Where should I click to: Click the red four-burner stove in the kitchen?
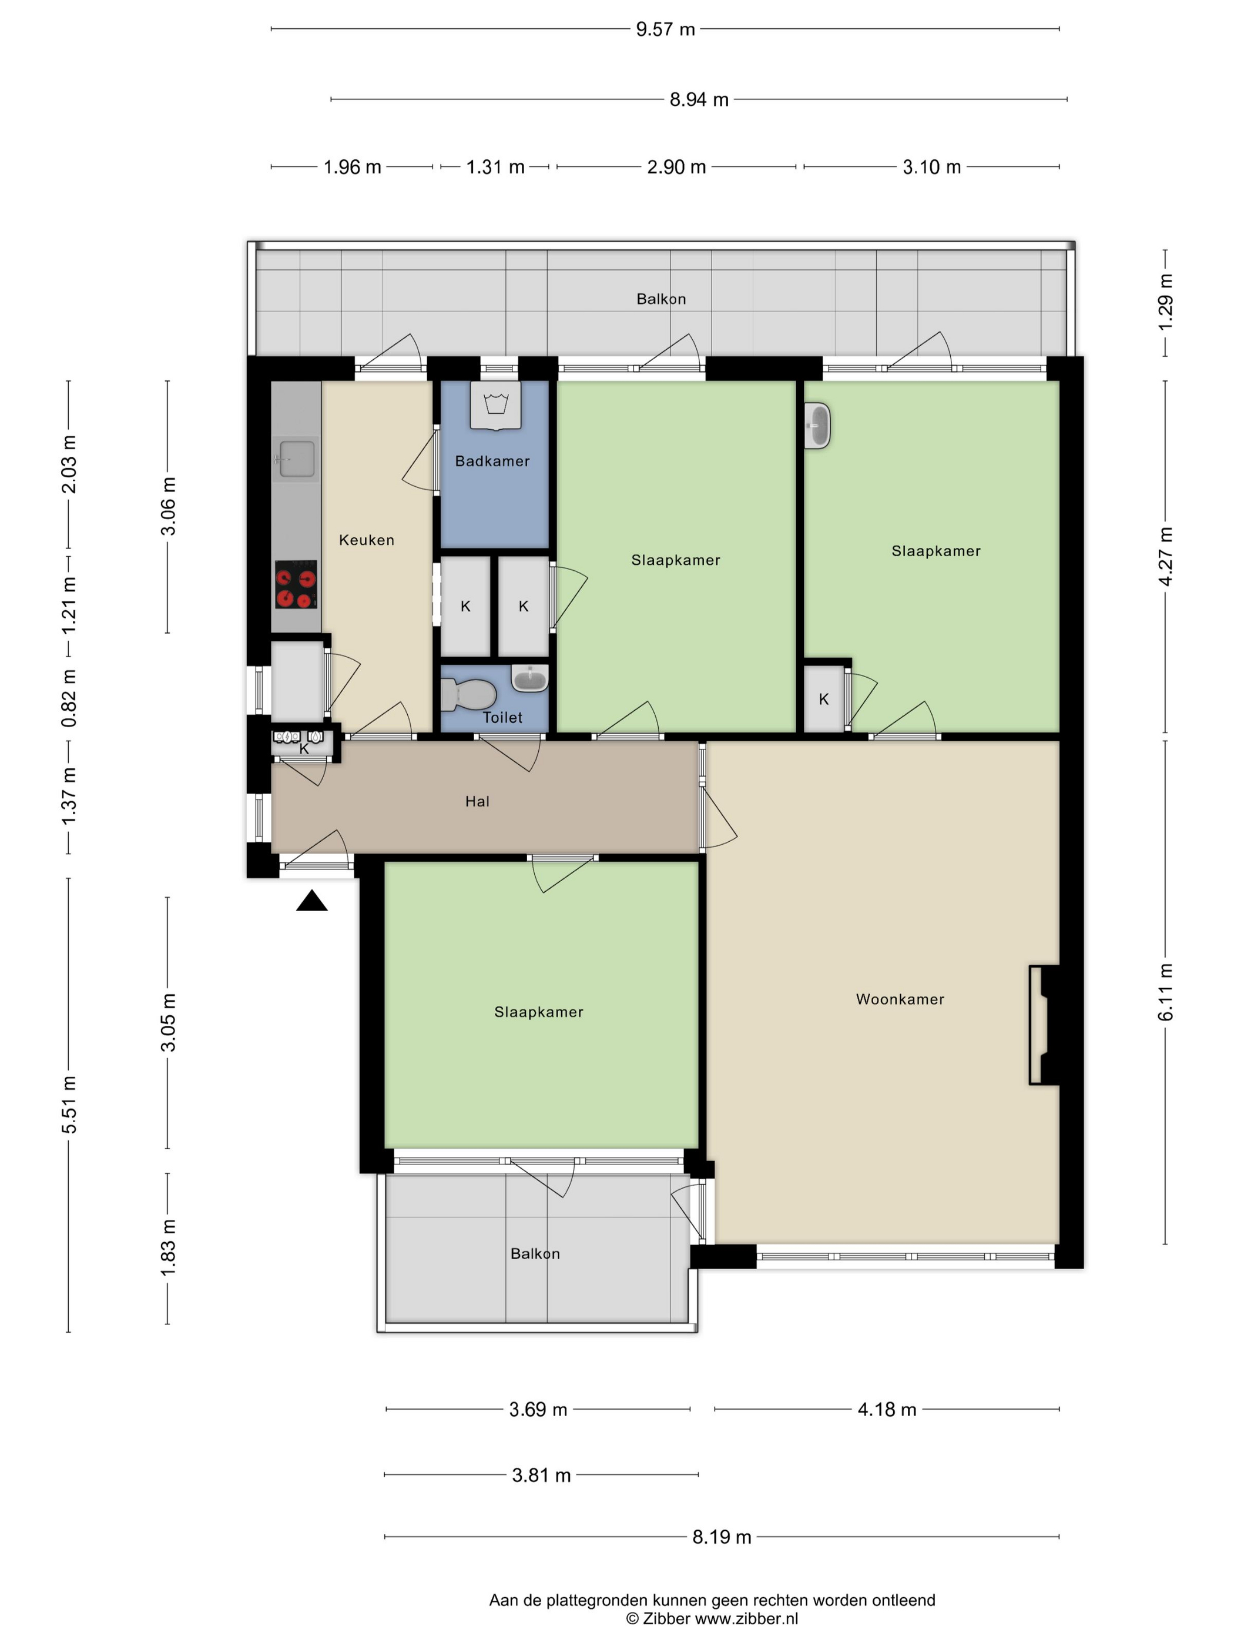tap(296, 584)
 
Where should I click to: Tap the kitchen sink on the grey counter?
tap(296, 459)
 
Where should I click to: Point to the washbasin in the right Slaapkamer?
tap(817, 426)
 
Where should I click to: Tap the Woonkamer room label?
tap(900, 999)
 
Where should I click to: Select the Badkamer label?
tap(492, 461)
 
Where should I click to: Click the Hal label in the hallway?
tap(478, 801)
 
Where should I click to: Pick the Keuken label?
tap(367, 540)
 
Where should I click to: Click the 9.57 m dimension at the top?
tap(665, 29)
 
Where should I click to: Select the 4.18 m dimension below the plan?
tap(887, 1409)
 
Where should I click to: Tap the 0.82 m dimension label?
tap(68, 698)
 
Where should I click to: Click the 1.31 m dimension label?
tap(495, 167)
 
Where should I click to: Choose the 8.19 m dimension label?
tap(722, 1537)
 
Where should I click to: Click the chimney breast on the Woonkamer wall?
tap(1044, 1025)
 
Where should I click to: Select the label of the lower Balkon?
tap(535, 1254)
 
